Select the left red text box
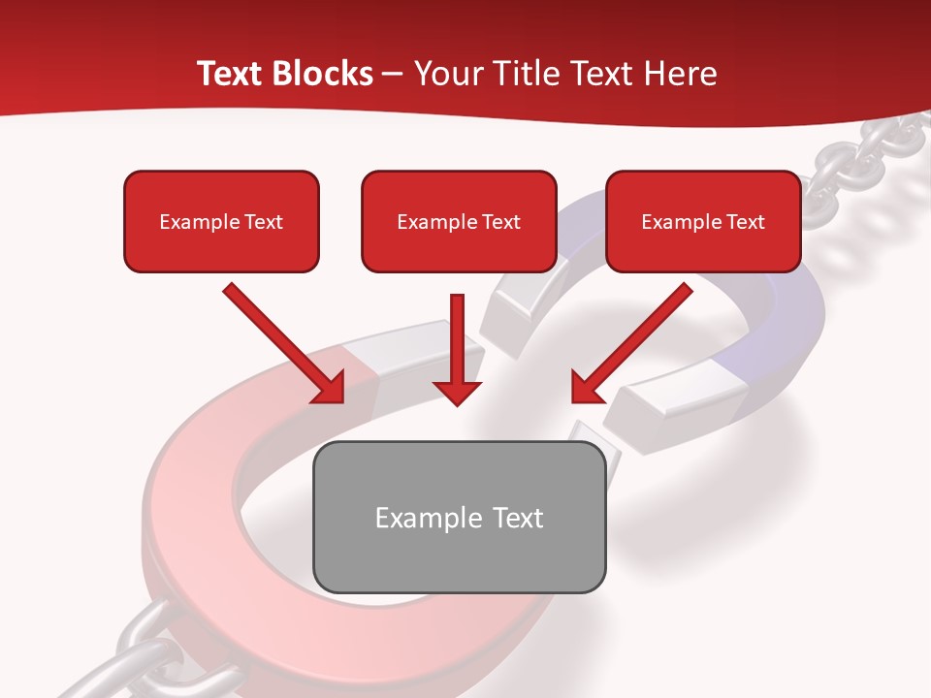[x=221, y=221]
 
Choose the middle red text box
[x=459, y=221]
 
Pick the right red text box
[x=703, y=221]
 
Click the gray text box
[x=459, y=517]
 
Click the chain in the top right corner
[x=853, y=165]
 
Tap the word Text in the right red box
[x=744, y=222]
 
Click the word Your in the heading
[x=442, y=74]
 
